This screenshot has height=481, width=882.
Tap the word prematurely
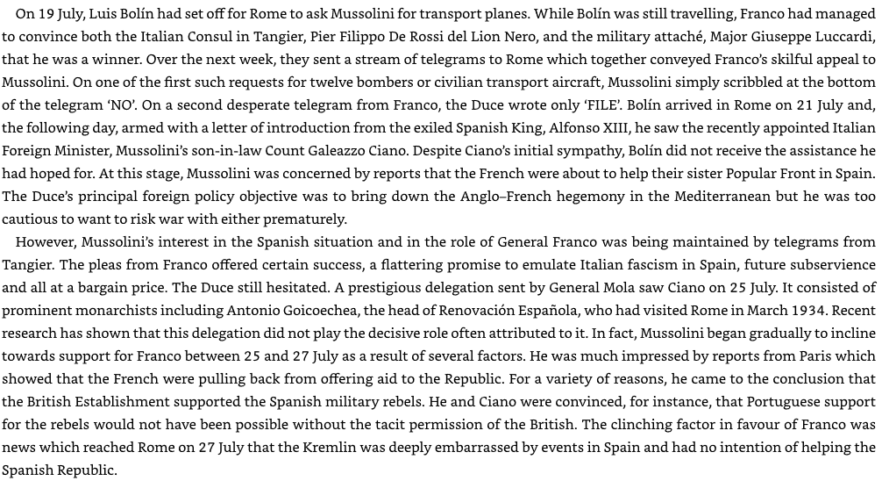[299, 219]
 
